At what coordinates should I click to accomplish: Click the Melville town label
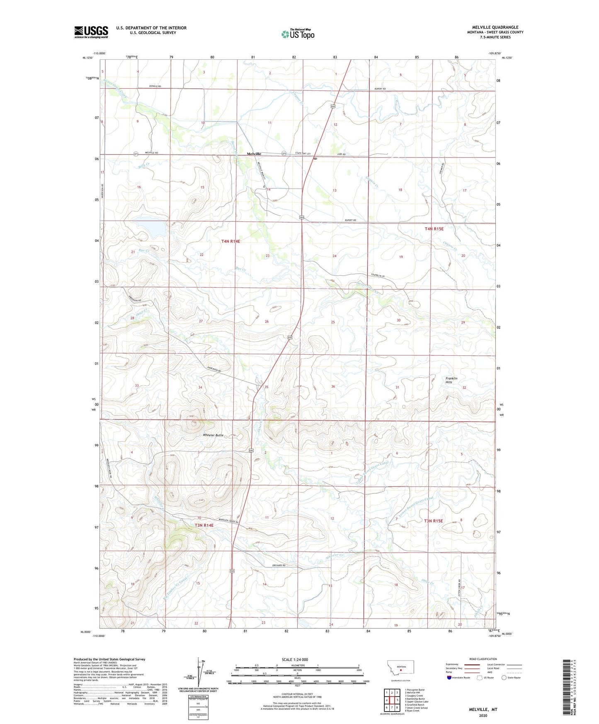[254, 154]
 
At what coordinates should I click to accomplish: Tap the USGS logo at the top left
[91, 32]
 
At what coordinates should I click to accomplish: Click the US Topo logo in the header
[298, 34]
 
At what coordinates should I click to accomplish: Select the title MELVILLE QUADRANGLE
[495, 27]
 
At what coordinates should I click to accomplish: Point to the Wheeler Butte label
[213, 435]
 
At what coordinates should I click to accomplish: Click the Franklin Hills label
[451, 380]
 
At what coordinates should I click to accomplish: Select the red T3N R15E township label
[433, 521]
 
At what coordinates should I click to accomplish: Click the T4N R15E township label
[434, 229]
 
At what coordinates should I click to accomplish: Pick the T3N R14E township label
[204, 525]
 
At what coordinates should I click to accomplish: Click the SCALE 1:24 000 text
[295, 659]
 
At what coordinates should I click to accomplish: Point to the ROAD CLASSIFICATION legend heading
[483, 659]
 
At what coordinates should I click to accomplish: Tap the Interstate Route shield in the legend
[450, 678]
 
